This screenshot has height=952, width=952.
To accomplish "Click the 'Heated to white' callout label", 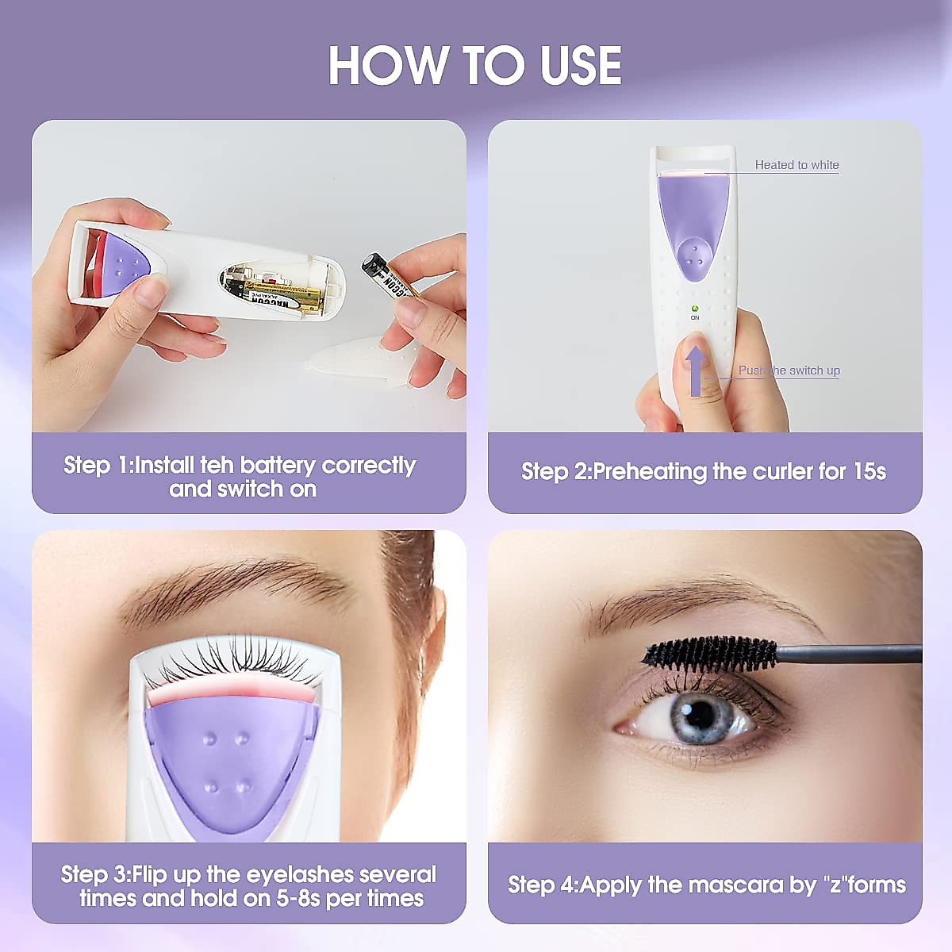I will [796, 165].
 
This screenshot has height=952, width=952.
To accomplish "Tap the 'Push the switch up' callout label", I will [789, 370].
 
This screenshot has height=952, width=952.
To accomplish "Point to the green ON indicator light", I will [695, 308].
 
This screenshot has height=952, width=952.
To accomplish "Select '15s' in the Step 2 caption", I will [869, 471].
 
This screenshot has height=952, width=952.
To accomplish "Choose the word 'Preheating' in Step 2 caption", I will [651, 471].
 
